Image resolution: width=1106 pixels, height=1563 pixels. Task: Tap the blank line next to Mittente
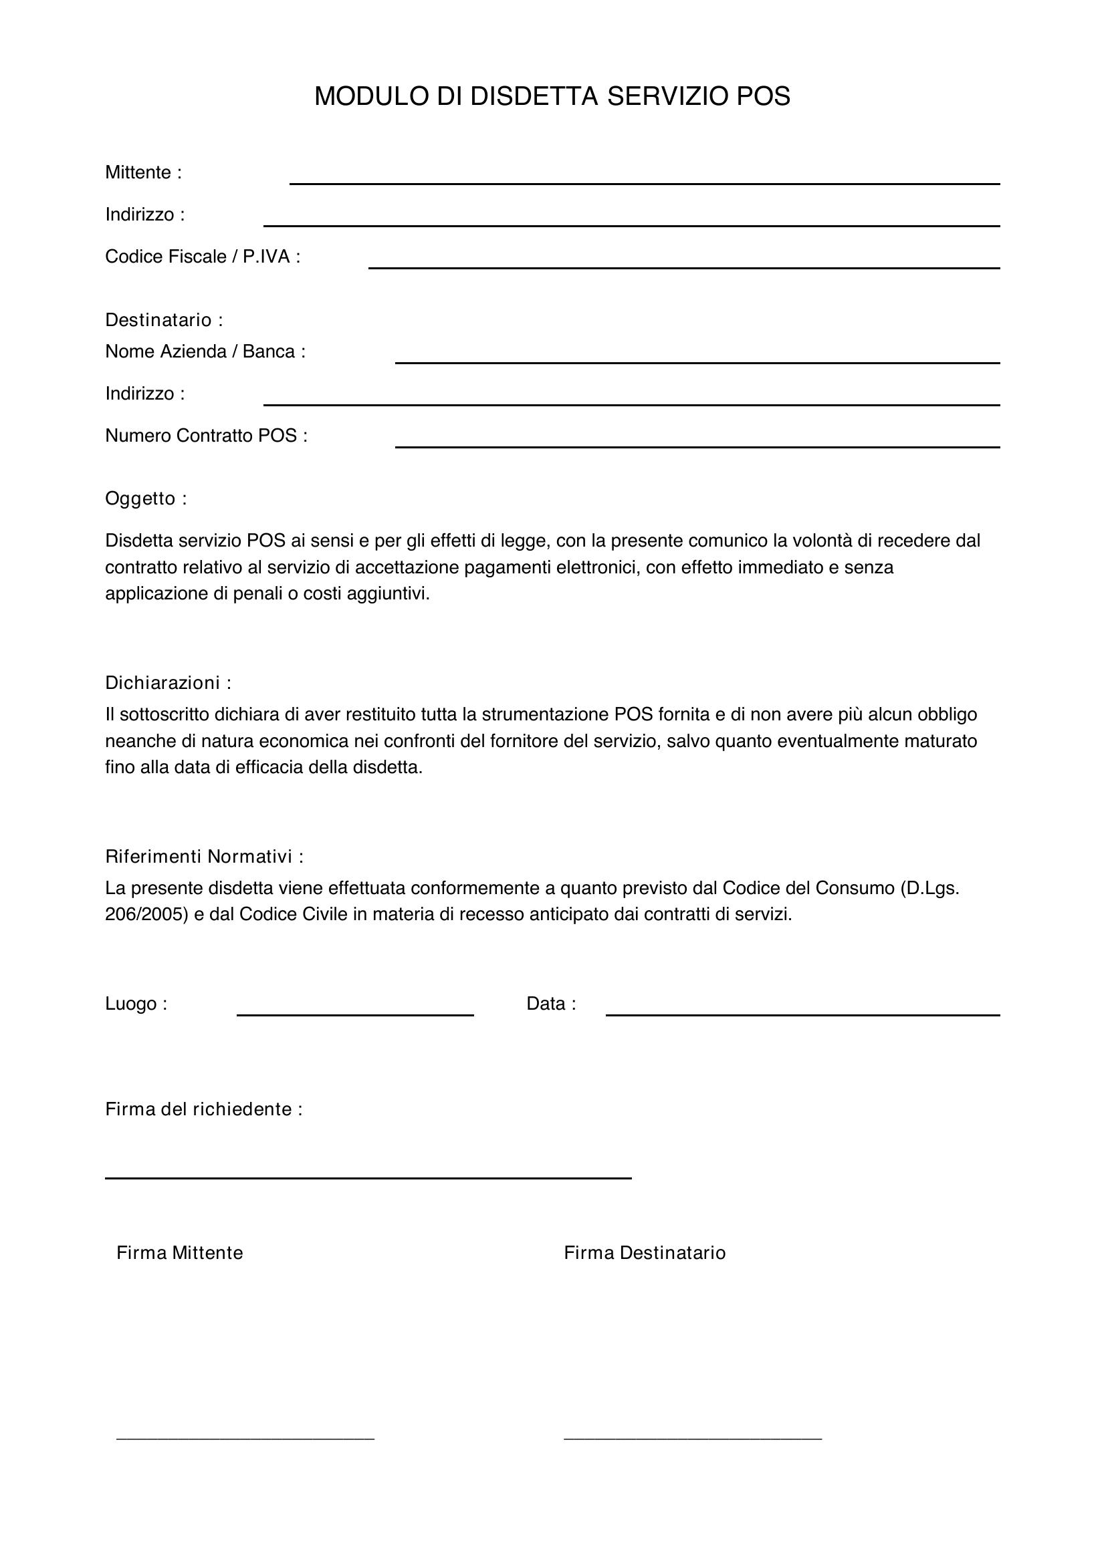pyautogui.click(x=644, y=182)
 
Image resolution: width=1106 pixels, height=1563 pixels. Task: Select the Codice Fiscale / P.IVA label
pyautogui.click(x=202, y=257)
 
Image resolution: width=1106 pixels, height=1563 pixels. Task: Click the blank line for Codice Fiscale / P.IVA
pyautogui.click(x=684, y=266)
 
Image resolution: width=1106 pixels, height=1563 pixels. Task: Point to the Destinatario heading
pyautogui.click(x=163, y=320)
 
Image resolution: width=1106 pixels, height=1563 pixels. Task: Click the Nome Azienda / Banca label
pyautogui.click(x=205, y=352)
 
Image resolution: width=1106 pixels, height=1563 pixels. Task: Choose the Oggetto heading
pyautogui.click(x=146, y=499)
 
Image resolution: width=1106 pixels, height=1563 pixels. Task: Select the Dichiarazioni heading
pyautogui.click(x=168, y=683)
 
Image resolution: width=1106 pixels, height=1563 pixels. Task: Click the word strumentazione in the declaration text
pyautogui.click(x=544, y=714)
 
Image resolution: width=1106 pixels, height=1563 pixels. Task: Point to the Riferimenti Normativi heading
pyautogui.click(x=205, y=857)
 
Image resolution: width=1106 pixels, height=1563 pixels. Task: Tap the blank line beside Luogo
pyautogui.click(x=355, y=1014)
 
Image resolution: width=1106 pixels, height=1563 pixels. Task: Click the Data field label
pyautogui.click(x=551, y=1004)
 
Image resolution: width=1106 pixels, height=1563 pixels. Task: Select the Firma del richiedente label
pyautogui.click(x=204, y=1110)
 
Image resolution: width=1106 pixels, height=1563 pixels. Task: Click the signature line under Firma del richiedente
pyautogui.click(x=368, y=1176)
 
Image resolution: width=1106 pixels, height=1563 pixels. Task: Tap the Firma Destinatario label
pyautogui.click(x=644, y=1253)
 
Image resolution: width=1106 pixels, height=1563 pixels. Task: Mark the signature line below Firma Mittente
pyautogui.click(x=245, y=1437)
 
